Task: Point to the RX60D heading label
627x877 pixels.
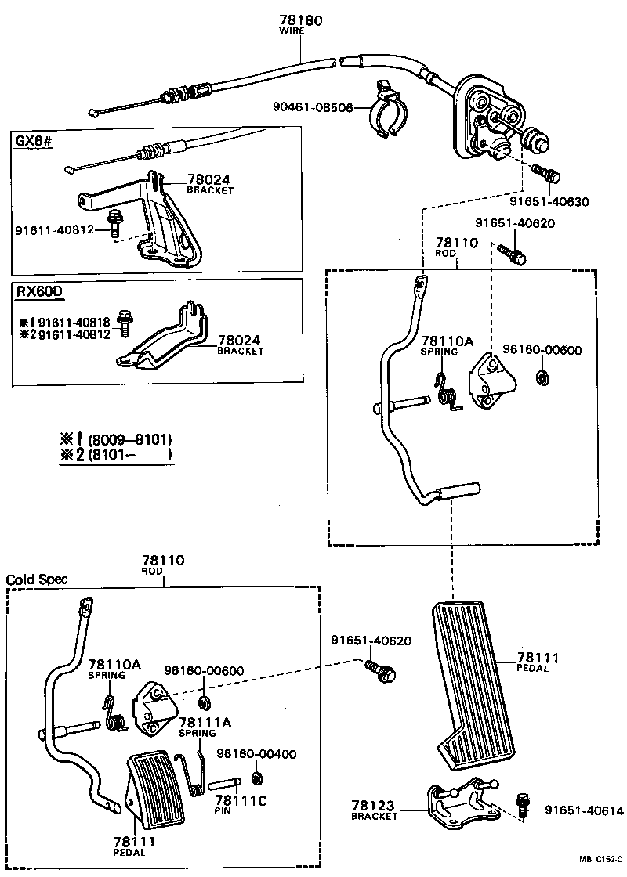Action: click(x=38, y=291)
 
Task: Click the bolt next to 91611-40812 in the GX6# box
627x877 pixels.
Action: click(x=114, y=226)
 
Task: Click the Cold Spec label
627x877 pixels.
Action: click(x=37, y=579)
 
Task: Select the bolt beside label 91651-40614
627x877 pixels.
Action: click(x=523, y=803)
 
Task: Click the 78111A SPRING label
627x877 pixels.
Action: click(x=198, y=727)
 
